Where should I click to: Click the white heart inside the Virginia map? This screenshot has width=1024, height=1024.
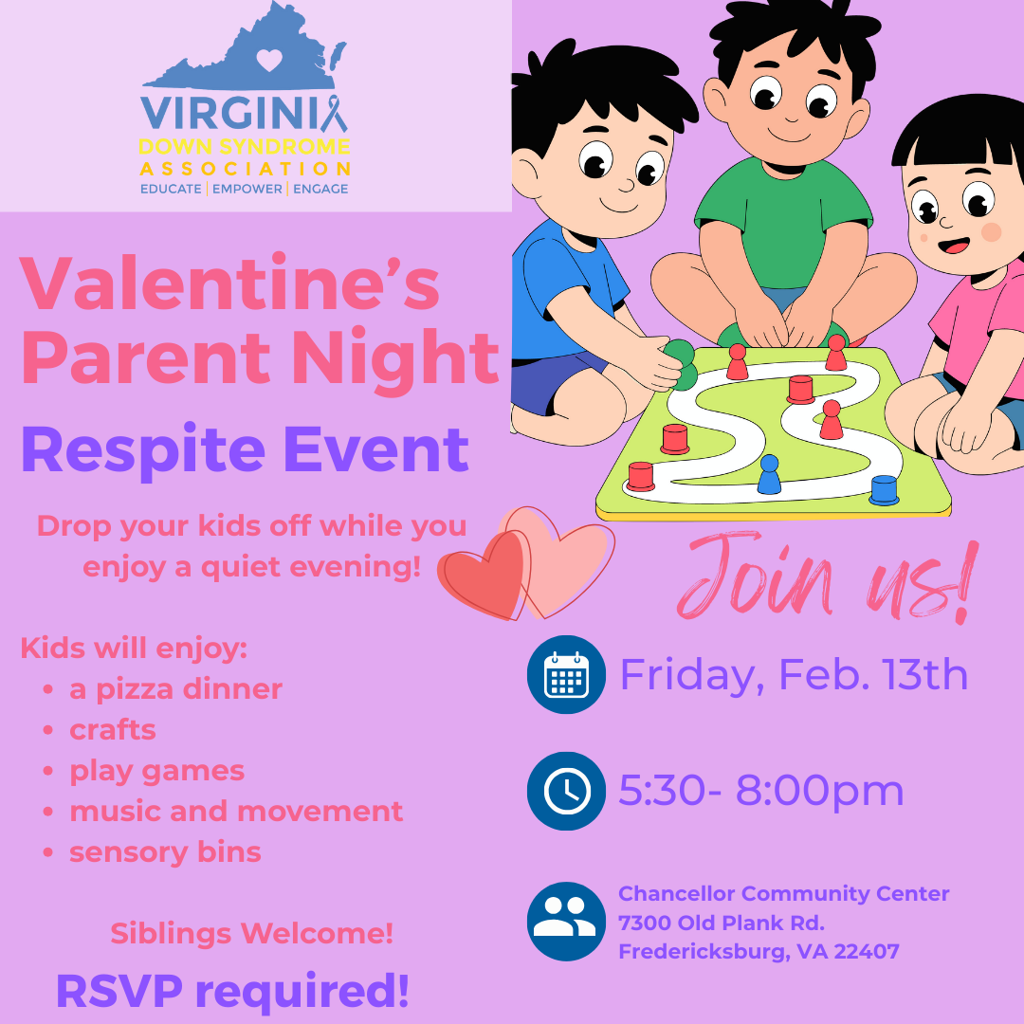269,61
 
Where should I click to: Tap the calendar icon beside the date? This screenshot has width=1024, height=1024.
566,674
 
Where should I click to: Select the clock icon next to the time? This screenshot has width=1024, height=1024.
566,791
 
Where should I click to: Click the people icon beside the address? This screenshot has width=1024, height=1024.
566,921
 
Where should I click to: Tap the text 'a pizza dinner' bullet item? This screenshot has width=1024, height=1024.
175,689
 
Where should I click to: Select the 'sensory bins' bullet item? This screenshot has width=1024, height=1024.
165,851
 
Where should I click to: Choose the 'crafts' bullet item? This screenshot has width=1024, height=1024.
113,730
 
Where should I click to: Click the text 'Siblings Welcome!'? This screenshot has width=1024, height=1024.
251,933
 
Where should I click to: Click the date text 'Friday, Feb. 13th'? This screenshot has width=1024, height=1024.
794,675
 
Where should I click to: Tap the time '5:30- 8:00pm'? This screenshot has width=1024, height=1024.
761,791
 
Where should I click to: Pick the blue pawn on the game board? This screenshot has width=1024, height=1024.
769,474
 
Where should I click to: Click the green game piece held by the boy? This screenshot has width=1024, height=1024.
679,364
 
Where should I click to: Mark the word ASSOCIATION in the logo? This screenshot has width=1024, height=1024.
245,169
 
